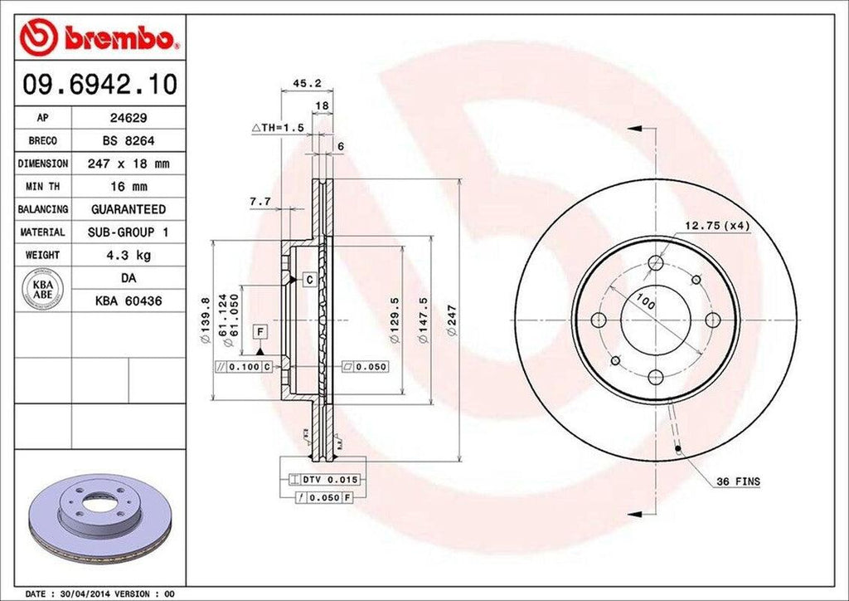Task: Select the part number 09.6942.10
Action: pos(99,84)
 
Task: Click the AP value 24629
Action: pos(129,119)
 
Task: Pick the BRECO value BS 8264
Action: pos(129,141)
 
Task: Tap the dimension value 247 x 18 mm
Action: pos(129,164)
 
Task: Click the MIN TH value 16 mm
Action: pos(129,187)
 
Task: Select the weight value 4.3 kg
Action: pos(129,255)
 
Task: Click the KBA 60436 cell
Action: pos(129,300)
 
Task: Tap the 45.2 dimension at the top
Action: pos(301,83)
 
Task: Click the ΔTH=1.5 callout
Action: pos(278,127)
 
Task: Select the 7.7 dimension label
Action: pos(260,202)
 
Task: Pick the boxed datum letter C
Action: pos(308,281)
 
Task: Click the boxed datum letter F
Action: pos(260,332)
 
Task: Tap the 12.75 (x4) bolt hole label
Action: pos(716,225)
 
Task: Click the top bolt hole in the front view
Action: pos(656,264)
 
